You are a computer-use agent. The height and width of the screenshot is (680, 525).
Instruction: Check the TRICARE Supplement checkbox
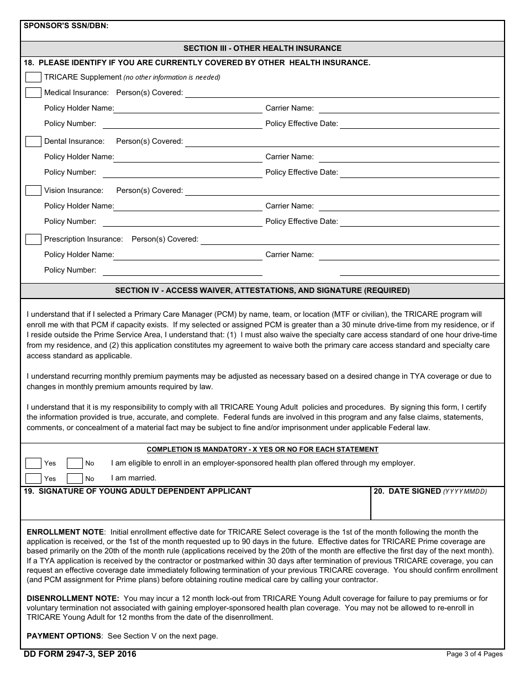33,77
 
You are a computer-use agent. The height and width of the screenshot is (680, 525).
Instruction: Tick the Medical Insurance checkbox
33,92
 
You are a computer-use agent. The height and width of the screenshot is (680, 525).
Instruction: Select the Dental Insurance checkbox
33,142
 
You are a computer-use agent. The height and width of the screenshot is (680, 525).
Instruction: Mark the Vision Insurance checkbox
33,190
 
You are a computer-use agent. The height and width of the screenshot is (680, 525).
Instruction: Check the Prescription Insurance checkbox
33,239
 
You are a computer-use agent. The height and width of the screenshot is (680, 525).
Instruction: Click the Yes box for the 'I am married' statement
33,478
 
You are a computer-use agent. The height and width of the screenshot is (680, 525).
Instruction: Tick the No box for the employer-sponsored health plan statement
75,463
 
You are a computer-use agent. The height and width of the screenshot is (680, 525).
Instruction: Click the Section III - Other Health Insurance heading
262,48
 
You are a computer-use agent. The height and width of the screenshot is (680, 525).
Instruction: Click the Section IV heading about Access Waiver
262,290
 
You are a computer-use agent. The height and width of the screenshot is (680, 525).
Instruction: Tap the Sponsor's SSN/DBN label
66,25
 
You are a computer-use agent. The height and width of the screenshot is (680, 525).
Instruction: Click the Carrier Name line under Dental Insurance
409,157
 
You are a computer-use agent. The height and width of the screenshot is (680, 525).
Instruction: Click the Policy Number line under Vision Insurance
182,222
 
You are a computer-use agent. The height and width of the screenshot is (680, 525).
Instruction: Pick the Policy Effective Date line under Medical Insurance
420,124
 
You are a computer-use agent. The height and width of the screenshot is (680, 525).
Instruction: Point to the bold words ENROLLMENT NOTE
65,532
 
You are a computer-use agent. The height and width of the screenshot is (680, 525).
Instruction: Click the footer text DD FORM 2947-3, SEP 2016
80,654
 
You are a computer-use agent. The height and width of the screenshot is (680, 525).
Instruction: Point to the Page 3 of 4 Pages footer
474,654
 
